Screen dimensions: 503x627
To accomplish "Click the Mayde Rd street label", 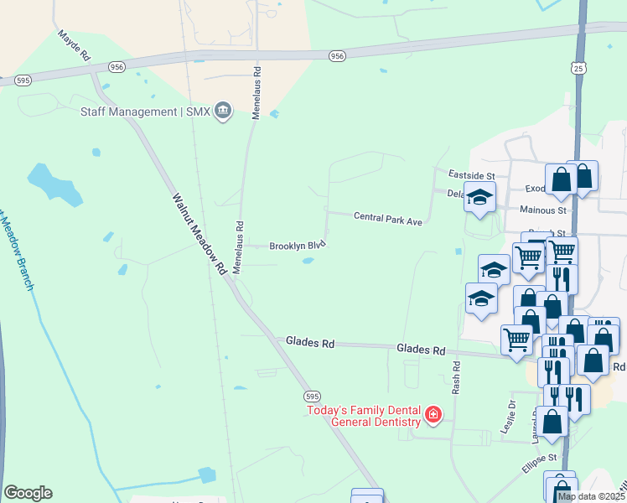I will tap(73, 47).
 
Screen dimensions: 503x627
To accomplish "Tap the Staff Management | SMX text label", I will tap(144, 111).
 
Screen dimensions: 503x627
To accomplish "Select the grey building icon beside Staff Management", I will tap(223, 111).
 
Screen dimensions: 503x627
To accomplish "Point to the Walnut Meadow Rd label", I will tap(199, 235).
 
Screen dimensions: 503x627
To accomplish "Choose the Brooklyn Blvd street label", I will tap(297, 246).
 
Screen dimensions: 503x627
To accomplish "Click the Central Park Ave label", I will tap(386, 218).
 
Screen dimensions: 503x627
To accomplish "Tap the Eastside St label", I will tap(471, 175).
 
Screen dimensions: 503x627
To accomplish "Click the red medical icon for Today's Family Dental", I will tap(433, 415).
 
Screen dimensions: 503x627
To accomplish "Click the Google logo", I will tap(28, 492).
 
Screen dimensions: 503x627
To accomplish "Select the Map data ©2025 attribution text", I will tap(590, 496).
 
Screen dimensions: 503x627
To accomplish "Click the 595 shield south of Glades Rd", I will tap(311, 396).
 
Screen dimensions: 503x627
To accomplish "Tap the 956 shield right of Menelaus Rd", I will tap(337, 55).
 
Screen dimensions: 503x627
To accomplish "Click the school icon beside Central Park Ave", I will tap(480, 198).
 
